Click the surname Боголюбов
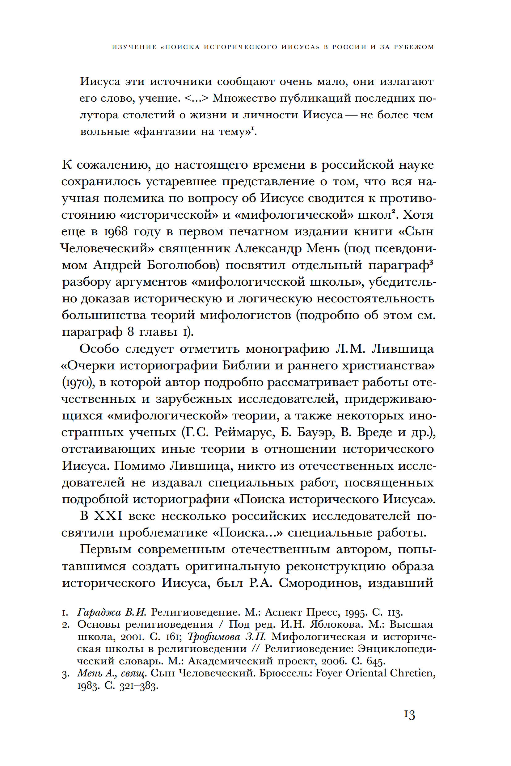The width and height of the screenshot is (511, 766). coord(183,265)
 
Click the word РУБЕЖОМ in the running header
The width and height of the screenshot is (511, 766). coord(414,47)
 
